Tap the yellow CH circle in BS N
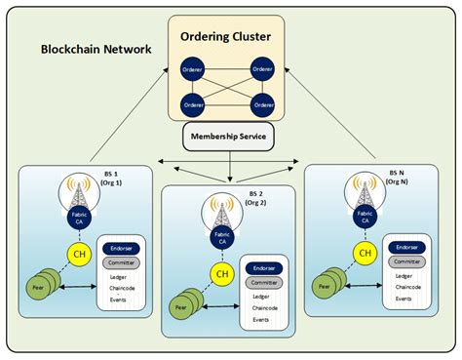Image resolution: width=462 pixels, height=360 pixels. [x=365, y=253]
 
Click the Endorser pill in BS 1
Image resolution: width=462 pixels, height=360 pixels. [x=121, y=248]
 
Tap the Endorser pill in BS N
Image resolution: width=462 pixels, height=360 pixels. [x=406, y=248]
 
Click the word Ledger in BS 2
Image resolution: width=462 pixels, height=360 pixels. [x=260, y=295]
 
